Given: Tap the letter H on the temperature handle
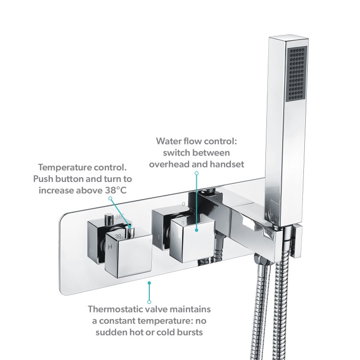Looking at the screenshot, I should click(110, 247).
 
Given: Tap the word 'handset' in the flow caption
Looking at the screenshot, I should click(226, 164).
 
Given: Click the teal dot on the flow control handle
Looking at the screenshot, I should click(197, 230).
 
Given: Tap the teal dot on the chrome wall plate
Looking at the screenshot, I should click(149, 283).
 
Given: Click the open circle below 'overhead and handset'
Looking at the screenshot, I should click(197, 172).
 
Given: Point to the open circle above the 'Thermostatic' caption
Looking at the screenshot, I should click(149, 301).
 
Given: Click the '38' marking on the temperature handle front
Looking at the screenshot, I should click(119, 236).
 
